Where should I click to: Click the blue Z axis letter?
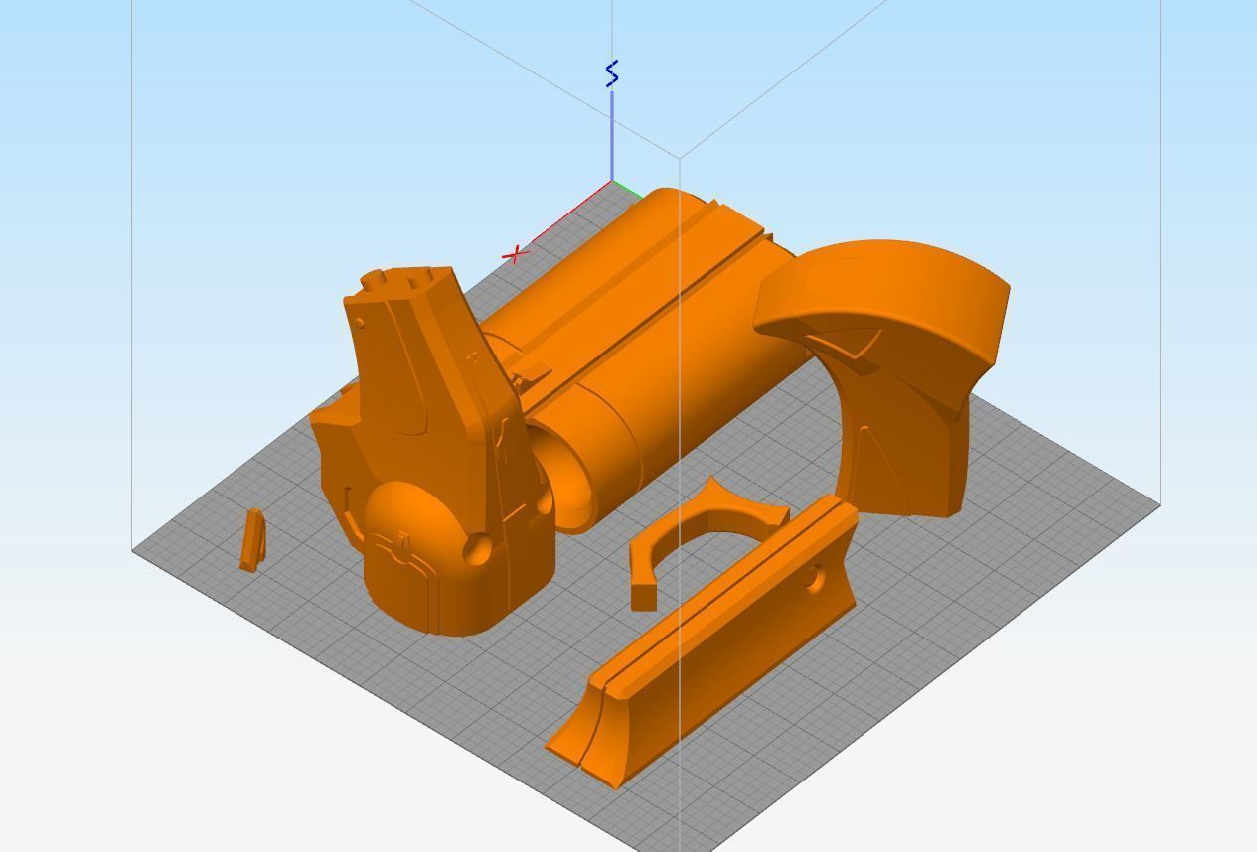[x=612, y=73]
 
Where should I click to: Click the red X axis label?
[x=515, y=256]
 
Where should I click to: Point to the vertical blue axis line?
[x=611, y=139]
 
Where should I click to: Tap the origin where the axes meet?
[x=611, y=183]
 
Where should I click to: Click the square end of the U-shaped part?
[x=643, y=596]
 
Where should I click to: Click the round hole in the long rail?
[x=815, y=577]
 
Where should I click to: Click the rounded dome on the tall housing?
[x=412, y=516]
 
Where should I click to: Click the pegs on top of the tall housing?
[x=397, y=279]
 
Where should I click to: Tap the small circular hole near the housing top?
[x=359, y=323]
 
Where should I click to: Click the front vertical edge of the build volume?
[x=680, y=497]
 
